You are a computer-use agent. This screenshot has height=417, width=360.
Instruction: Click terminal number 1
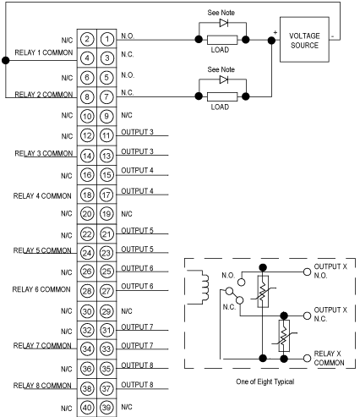click(106, 39)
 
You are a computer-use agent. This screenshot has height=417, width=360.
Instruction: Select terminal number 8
click(87, 97)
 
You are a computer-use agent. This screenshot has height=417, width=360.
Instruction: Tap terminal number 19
click(106, 214)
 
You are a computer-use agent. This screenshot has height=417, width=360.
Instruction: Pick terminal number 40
click(87, 408)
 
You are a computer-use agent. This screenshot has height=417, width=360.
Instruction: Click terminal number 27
click(106, 291)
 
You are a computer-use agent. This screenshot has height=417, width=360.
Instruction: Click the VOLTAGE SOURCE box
click(304, 40)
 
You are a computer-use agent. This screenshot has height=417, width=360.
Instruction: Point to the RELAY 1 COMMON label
click(44, 52)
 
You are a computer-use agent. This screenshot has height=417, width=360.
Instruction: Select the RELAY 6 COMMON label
click(41, 289)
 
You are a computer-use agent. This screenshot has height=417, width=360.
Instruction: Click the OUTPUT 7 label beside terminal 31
click(137, 327)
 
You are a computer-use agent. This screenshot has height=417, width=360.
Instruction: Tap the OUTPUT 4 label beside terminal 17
click(137, 191)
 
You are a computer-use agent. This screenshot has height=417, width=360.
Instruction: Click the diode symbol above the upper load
click(224, 23)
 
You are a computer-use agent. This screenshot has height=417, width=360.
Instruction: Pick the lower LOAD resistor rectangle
click(222, 96)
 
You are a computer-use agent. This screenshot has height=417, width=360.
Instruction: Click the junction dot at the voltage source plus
click(271, 41)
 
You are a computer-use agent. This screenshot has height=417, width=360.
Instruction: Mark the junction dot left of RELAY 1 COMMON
click(6, 60)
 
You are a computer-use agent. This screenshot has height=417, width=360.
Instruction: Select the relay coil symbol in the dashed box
click(204, 287)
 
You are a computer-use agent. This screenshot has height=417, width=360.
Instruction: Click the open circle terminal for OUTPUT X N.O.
click(307, 272)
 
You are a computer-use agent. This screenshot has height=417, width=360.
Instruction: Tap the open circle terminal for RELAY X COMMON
click(307, 359)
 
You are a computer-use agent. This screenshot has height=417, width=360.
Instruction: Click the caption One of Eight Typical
click(265, 381)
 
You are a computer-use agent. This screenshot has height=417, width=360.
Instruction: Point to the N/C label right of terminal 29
click(127, 311)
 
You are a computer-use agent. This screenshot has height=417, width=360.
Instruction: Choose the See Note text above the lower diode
click(221, 69)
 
